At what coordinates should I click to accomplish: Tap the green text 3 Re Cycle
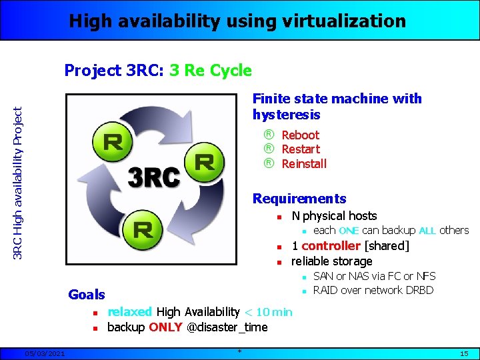pos(211,70)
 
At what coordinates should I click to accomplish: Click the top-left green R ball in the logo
pos(113,141)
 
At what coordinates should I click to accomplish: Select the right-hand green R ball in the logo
pos(205,162)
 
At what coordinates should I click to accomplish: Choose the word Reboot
pos(300,135)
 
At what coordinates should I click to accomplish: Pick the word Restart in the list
pos(301,149)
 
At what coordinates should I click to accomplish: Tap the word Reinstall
pos(304,163)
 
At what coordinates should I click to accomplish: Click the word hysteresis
pos(287,115)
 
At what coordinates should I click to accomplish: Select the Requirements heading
pos(299,199)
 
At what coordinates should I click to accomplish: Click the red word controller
pos(332,245)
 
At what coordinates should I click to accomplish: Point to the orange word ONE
pos(349,231)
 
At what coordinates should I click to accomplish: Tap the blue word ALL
pos(427,231)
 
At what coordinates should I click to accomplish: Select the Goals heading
pos(87,294)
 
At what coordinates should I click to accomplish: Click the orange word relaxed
pos(129,311)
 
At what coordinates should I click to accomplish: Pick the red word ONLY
pos(165,327)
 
